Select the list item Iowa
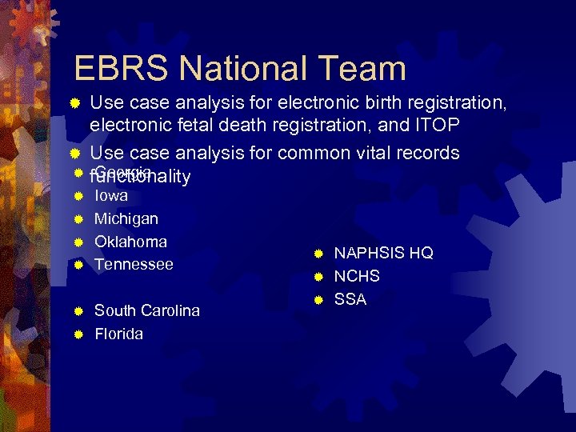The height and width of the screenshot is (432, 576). [x=111, y=195]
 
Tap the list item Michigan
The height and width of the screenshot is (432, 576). [x=126, y=218]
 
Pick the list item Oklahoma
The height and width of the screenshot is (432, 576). [x=130, y=242]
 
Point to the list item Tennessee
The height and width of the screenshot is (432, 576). [x=134, y=265]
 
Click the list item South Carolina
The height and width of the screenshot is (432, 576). [x=147, y=310]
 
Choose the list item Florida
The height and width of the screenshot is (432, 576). [x=119, y=334]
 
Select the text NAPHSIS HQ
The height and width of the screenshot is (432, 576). [x=383, y=254]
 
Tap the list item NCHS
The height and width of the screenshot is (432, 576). [x=357, y=277]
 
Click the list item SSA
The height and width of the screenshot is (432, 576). [x=350, y=300]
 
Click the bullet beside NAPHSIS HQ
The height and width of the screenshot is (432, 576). [x=318, y=254]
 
